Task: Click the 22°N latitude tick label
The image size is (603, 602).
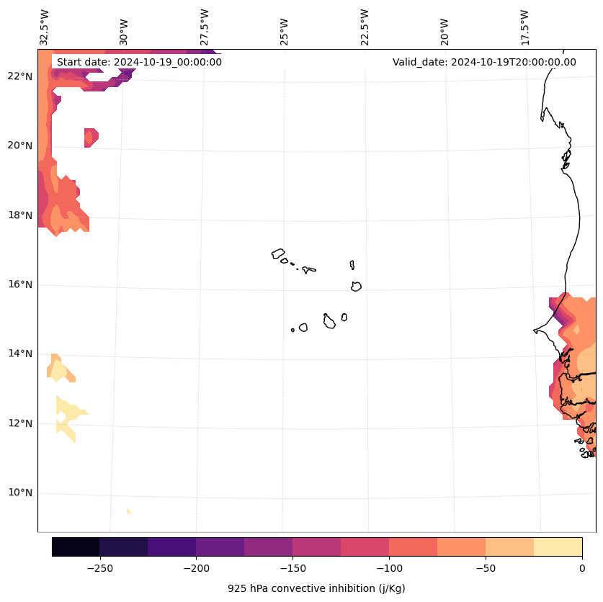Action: (x=18, y=76)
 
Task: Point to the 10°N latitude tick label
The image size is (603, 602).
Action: (x=18, y=493)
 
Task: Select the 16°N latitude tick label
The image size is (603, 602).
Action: (x=18, y=284)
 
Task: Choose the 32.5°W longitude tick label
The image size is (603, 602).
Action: (x=45, y=27)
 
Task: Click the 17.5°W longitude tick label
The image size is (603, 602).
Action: (x=524, y=27)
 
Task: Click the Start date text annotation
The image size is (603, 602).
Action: (x=139, y=62)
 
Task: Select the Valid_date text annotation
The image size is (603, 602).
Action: (x=484, y=62)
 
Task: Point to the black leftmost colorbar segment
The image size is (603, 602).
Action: (x=76, y=547)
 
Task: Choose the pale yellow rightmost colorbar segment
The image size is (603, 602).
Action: (x=558, y=547)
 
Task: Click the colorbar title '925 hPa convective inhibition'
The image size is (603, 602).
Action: (x=316, y=588)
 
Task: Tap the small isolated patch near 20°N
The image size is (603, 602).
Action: (x=91, y=137)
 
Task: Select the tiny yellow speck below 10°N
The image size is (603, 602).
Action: (x=129, y=511)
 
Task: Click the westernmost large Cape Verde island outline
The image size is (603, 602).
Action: (x=279, y=253)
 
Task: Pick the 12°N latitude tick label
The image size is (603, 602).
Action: (x=18, y=423)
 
